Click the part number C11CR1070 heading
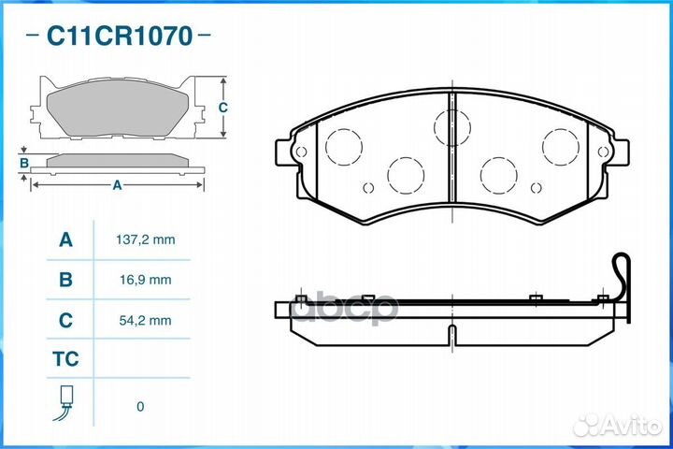120,36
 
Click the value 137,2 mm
146,239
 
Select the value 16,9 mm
146,280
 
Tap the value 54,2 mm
146,320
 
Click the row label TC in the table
65,359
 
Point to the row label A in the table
65,239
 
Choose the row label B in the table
65,280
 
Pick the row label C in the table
65,320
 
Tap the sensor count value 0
140,407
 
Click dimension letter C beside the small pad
222,108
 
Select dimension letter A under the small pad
117,185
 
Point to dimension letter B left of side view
24,164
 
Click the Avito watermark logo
618,426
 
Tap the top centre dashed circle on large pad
452,127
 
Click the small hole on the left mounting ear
301,152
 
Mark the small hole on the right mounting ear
603,152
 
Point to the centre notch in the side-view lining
452,334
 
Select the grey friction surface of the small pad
118,109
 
